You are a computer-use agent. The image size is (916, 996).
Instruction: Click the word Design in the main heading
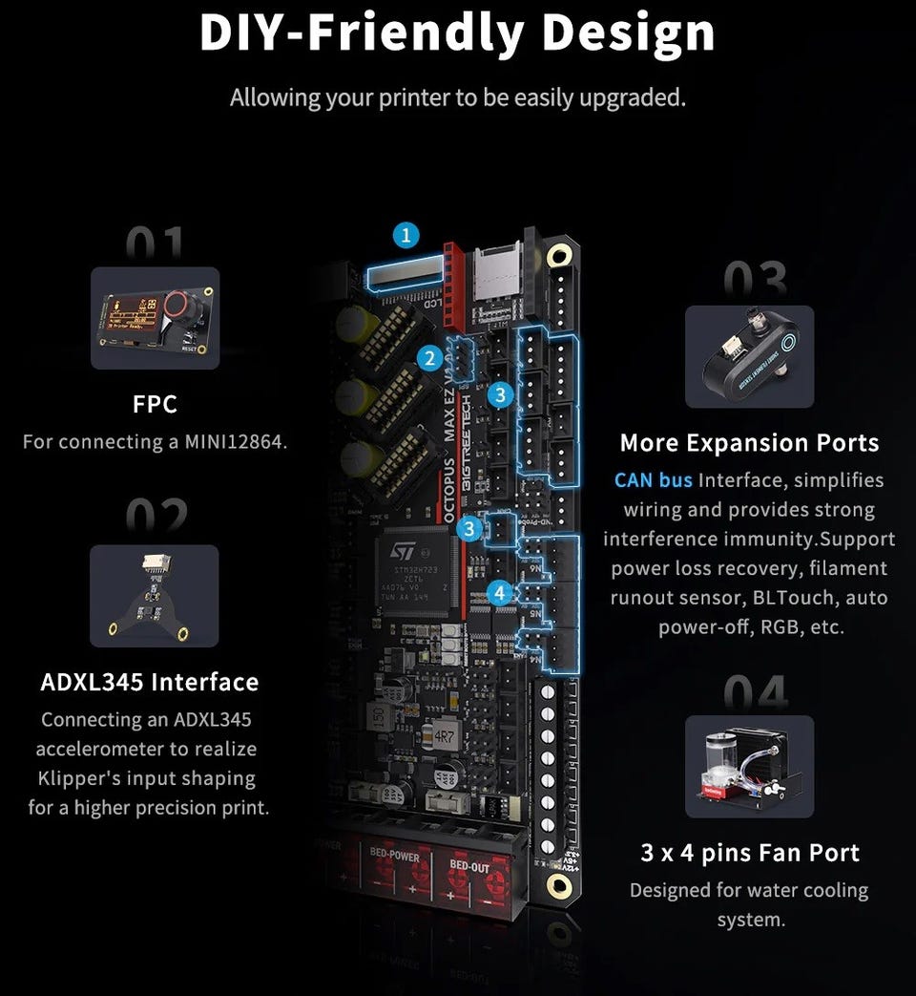[629, 32]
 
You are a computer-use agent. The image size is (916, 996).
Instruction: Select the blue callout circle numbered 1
[407, 235]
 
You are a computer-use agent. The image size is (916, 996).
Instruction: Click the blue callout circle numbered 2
[430, 359]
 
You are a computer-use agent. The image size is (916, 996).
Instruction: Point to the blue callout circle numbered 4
[499, 593]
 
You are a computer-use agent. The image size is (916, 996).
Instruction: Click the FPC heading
[155, 404]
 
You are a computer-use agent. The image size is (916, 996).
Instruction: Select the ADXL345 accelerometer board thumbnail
[154, 595]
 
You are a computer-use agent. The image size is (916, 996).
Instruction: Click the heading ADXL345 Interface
[150, 682]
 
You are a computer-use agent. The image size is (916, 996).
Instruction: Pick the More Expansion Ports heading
[749, 443]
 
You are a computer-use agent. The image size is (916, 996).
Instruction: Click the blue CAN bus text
[654, 479]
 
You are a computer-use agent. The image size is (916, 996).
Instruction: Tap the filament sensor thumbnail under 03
[749, 356]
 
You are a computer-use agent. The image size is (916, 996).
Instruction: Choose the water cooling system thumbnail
[749, 767]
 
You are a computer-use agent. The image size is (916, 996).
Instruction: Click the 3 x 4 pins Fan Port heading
[750, 853]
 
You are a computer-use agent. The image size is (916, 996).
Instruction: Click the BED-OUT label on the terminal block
[469, 867]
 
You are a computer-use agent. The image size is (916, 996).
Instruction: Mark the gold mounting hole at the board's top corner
[558, 255]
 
